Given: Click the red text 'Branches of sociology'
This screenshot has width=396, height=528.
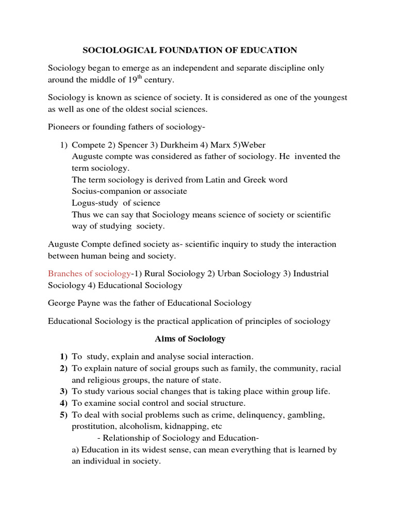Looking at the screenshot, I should coord(89,273).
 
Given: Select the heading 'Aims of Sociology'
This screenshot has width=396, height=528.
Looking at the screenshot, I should coord(190,339).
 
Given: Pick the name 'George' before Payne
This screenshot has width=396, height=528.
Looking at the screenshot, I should coord(63,303).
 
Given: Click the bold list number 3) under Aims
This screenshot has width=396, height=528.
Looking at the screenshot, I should coord(63,391).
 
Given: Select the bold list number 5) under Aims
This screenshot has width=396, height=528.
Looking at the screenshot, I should coord(63,415).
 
